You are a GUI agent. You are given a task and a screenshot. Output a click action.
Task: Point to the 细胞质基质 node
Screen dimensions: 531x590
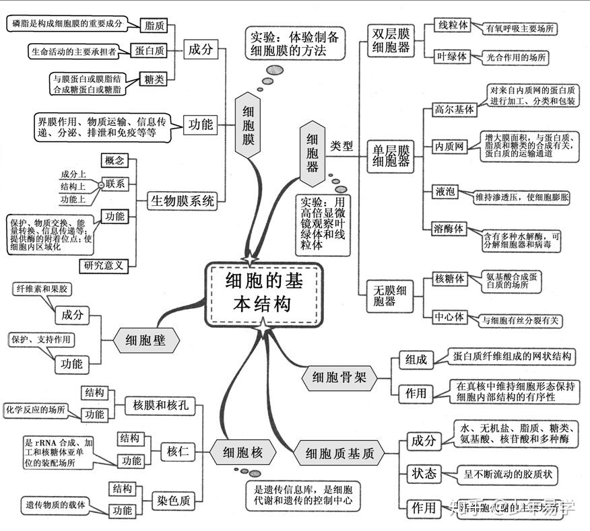tap(339, 453)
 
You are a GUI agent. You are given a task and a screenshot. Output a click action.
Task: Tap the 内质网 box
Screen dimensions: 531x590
tap(450, 146)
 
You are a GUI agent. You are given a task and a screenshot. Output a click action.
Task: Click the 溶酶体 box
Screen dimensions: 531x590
tap(449, 228)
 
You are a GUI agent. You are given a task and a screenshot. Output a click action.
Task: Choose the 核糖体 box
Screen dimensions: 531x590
tap(449, 278)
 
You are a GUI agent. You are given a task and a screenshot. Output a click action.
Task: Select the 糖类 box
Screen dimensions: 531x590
tap(154, 79)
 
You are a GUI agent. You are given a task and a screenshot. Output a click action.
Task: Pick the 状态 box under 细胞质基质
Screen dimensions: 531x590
tap(424, 473)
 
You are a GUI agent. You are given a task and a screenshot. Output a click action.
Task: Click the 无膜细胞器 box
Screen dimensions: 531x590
tap(391, 295)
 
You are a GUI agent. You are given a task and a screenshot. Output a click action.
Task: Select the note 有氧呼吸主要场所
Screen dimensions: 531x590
tap(521, 29)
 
